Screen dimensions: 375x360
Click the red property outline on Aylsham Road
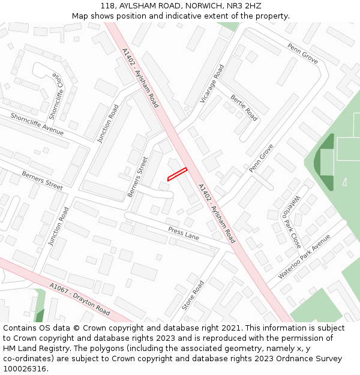point(177,173)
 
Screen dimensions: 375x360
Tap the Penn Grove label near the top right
point(302,53)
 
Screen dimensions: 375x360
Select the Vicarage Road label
point(212,84)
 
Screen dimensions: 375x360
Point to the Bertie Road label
point(244,107)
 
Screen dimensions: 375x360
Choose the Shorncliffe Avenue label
point(37,123)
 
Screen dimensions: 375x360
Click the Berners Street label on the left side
point(42,180)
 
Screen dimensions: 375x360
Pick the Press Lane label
point(184,233)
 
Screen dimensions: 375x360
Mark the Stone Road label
point(193,295)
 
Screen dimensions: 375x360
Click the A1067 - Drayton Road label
point(80,299)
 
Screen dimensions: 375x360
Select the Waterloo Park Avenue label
point(304,257)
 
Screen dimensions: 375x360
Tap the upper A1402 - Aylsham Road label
point(139,77)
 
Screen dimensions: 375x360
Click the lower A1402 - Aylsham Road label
point(216,212)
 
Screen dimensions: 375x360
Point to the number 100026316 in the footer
point(25,368)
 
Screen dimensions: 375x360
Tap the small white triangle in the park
point(344,181)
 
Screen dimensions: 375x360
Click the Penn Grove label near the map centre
point(261,157)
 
